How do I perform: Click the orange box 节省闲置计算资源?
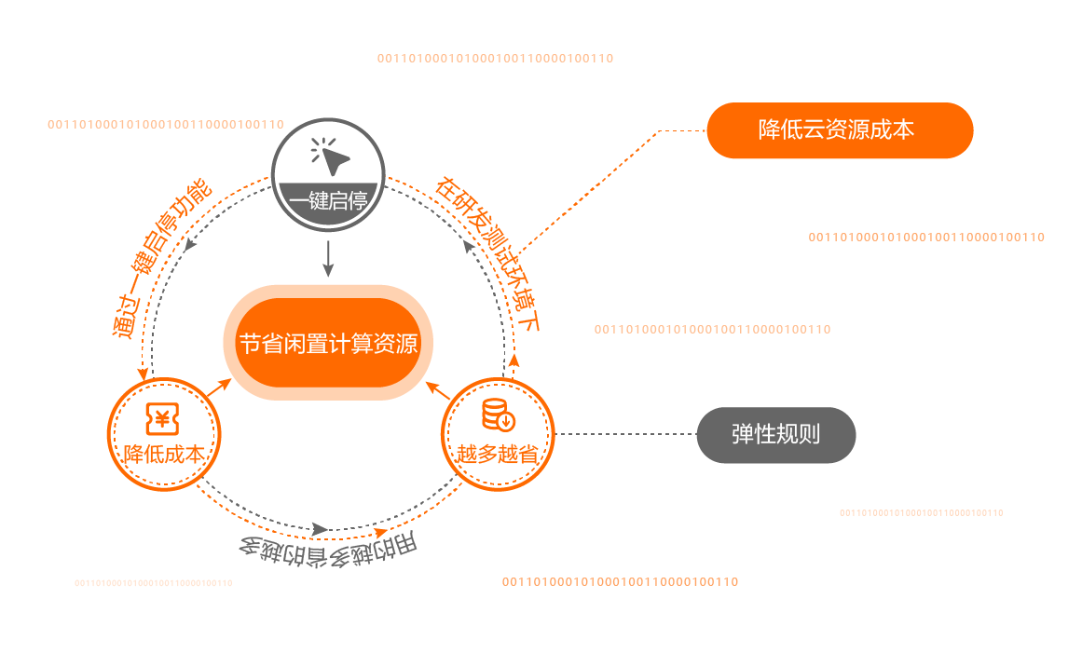pos(328,343)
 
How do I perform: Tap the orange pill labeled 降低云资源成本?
pos(839,130)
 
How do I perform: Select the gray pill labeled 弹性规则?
pos(775,435)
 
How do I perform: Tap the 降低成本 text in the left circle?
pos(164,455)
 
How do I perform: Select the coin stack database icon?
pos(496,415)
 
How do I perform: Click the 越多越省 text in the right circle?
pos(497,455)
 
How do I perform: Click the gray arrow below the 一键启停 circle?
pos(328,258)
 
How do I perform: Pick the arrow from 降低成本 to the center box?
pos(218,388)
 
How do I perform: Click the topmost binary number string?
pos(495,58)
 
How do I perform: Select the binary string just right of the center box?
pos(712,329)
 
